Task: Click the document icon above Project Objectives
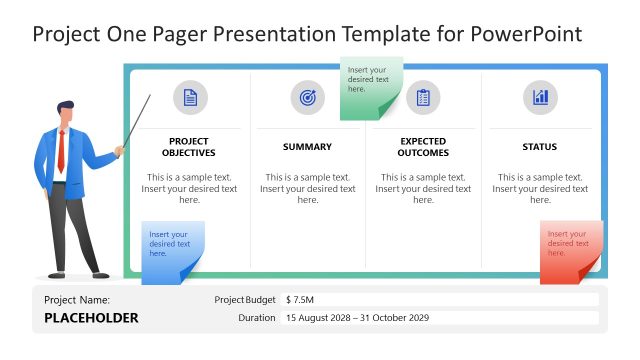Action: click(190, 97)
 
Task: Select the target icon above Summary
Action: click(307, 97)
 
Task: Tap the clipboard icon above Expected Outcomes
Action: click(423, 97)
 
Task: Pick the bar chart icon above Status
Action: click(540, 97)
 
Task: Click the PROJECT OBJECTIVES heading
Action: click(189, 147)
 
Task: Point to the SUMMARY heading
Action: click(307, 147)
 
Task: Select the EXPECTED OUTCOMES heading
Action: click(423, 147)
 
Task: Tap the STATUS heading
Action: click(540, 147)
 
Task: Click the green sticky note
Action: click(370, 87)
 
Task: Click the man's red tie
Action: click(61, 151)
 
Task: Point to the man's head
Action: click(65, 113)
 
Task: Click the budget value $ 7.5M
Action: click(301, 299)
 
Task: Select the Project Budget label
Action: click(245, 299)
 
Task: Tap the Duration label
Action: click(257, 318)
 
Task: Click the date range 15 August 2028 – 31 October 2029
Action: click(357, 318)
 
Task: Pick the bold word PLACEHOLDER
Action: click(91, 319)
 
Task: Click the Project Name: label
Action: click(77, 299)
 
